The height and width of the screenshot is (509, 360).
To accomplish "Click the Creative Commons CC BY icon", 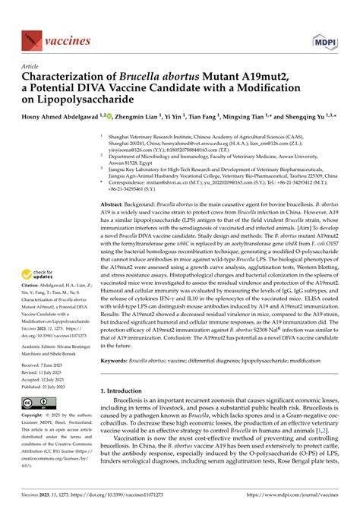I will click(x=37, y=401).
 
